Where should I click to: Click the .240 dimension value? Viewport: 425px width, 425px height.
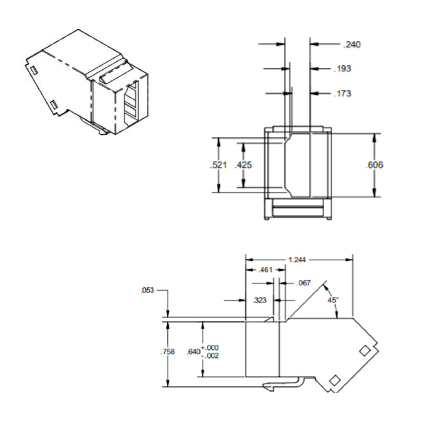pos(352,44)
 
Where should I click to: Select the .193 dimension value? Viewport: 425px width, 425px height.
pos(343,68)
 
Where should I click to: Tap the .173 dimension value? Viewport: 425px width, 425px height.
pos(343,93)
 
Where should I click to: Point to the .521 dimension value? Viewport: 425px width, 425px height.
pos(219,165)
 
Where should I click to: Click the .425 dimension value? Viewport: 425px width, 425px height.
pos(244,165)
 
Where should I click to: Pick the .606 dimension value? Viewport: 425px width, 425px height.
pos(374,165)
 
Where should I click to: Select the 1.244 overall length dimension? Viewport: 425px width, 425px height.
pos(298,260)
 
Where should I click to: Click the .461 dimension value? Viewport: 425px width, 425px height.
pos(265,270)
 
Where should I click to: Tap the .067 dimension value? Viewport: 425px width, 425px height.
pos(304,283)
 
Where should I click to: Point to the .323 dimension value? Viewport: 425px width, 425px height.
pos(260,300)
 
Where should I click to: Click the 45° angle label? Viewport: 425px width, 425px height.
pos(333,300)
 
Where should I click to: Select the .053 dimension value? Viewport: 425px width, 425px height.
pos(148,291)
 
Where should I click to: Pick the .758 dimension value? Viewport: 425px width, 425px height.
pos(168,352)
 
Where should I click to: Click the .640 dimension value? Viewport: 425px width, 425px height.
pos(193,352)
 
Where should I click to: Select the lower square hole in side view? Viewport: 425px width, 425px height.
pos(335,380)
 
